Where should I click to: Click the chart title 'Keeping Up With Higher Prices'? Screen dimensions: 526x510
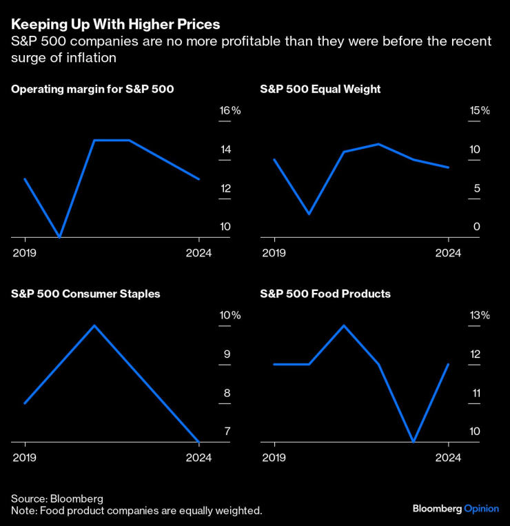pyautogui.click(x=116, y=24)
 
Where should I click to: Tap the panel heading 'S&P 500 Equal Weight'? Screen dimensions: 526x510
pyautogui.click(x=320, y=90)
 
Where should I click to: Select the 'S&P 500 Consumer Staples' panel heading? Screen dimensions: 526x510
pyautogui.click(x=85, y=294)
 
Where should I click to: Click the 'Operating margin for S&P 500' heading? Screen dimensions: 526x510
pyautogui.click(x=92, y=90)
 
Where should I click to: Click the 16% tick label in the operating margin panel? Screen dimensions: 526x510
pyautogui.click(x=229, y=111)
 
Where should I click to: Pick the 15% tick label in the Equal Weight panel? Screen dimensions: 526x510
pyautogui.click(x=479, y=111)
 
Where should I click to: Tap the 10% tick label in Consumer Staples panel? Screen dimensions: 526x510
pyautogui.click(x=229, y=316)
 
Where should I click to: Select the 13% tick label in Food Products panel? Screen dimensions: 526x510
pyautogui.click(x=479, y=316)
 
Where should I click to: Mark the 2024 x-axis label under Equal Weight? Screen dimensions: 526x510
pyautogui.click(x=448, y=253)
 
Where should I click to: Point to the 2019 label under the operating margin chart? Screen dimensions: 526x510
pyautogui.click(x=24, y=253)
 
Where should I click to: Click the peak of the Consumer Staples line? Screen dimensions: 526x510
pyautogui.click(x=94, y=325)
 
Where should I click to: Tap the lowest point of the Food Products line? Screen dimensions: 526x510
pyautogui.click(x=414, y=441)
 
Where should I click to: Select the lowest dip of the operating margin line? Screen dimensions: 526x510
pyautogui.click(x=60, y=236)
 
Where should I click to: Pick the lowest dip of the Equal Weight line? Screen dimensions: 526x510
pyautogui.click(x=309, y=214)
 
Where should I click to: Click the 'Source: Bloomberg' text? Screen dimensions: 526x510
pyautogui.click(x=57, y=498)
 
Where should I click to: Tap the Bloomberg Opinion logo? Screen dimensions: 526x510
pyautogui.click(x=456, y=509)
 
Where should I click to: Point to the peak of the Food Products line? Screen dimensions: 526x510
pyautogui.click(x=344, y=325)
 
